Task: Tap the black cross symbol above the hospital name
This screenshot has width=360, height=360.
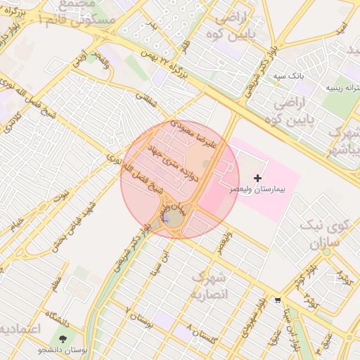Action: tap(257, 179)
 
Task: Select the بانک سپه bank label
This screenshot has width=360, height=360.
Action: tap(288, 75)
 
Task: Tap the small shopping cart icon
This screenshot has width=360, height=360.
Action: tap(278, 300)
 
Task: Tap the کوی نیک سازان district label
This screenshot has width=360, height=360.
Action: tap(325, 236)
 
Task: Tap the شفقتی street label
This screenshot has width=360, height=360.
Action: tap(147, 103)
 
